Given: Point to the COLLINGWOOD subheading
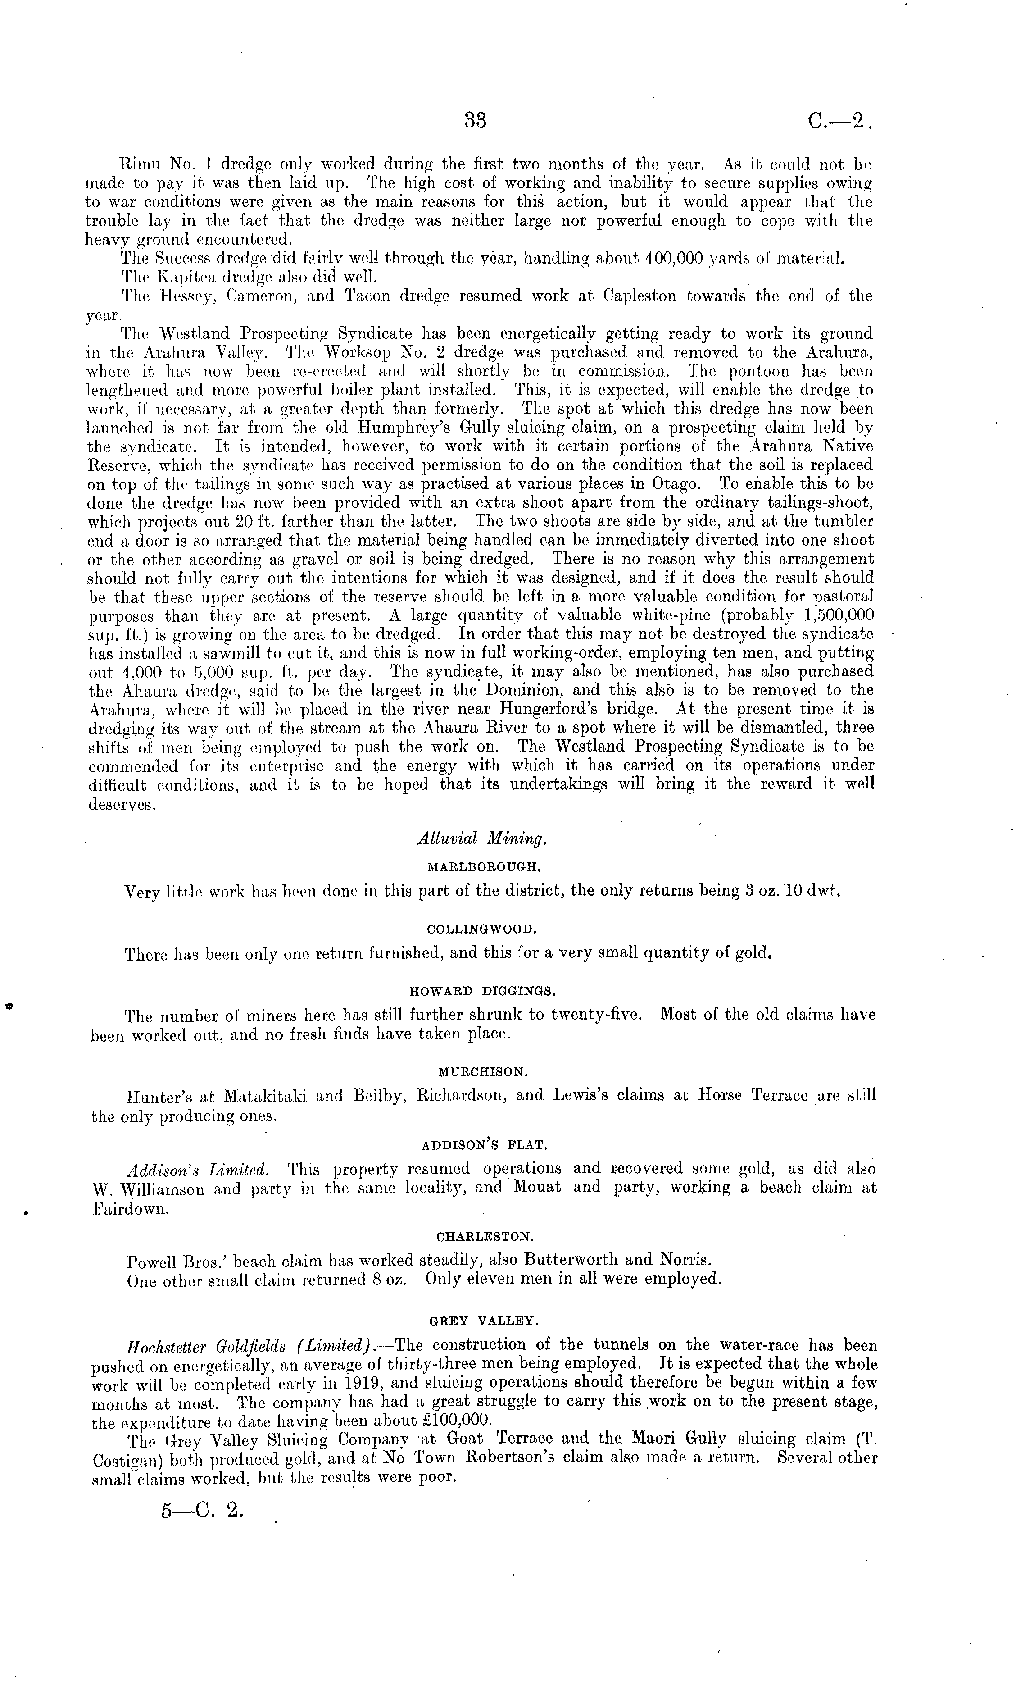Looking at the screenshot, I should coord(482,929).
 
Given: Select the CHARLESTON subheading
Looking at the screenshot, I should coord(485,1237).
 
